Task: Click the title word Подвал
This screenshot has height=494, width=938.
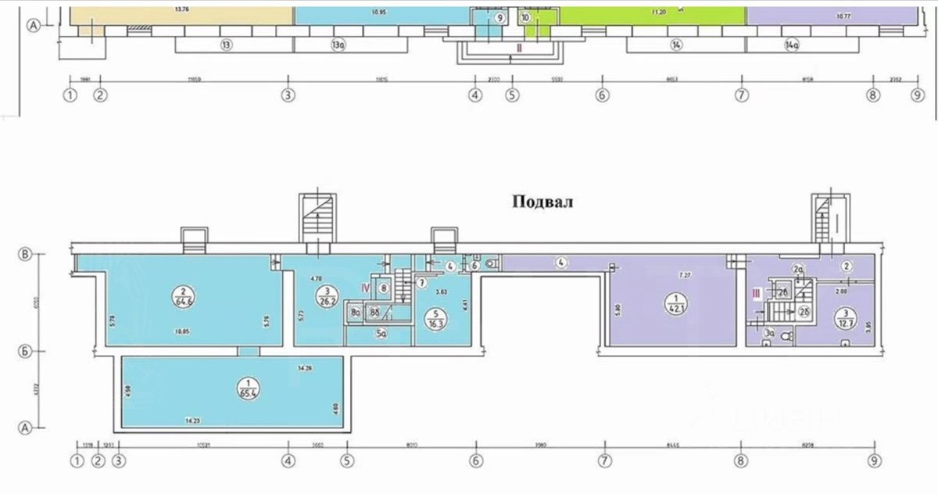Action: pyautogui.click(x=542, y=202)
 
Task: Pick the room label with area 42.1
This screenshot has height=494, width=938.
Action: pyautogui.click(x=671, y=301)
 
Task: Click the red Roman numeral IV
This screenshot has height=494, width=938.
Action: pyautogui.click(x=364, y=288)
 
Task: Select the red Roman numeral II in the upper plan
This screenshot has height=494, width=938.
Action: pyautogui.click(x=518, y=48)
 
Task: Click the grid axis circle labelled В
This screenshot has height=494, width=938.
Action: pyautogui.click(x=25, y=254)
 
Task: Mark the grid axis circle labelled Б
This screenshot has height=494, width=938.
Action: pyautogui.click(x=25, y=352)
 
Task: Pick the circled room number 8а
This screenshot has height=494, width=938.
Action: pyautogui.click(x=355, y=313)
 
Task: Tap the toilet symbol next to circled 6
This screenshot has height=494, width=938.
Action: pyautogui.click(x=489, y=263)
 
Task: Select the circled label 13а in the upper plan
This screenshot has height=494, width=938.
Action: pyautogui.click(x=338, y=45)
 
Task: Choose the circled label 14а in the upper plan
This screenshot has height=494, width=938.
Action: pyautogui.click(x=792, y=45)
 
